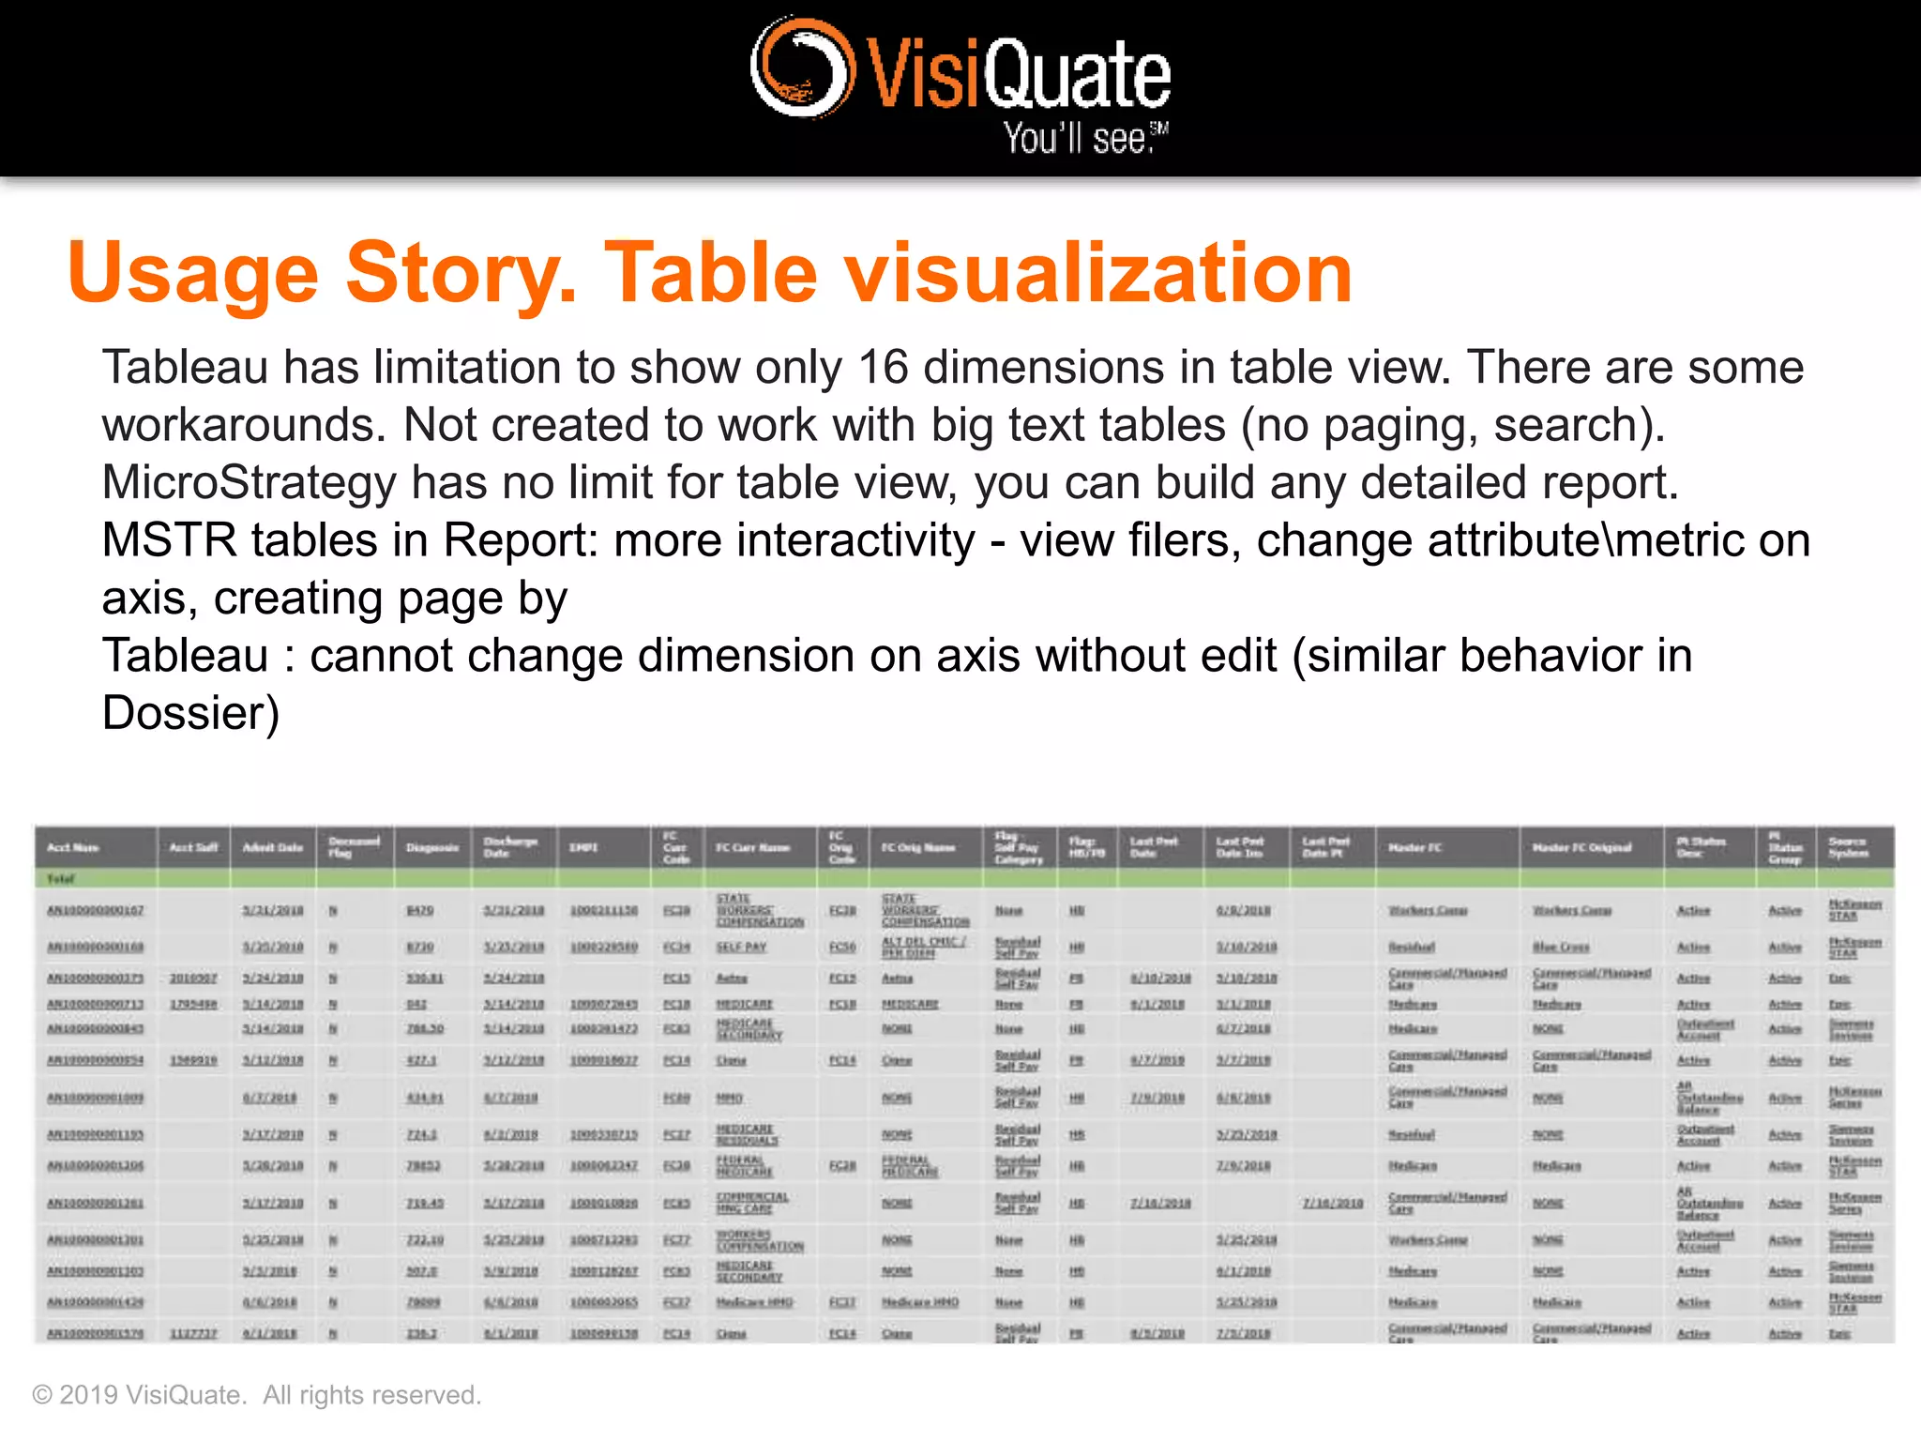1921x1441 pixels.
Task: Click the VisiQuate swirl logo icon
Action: click(802, 68)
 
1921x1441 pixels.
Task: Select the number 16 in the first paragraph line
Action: click(883, 367)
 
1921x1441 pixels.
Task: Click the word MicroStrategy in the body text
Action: click(250, 483)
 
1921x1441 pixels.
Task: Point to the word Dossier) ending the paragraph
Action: click(190, 714)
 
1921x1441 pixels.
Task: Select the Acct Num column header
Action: click(73, 847)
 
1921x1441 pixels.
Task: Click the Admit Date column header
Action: click(272, 847)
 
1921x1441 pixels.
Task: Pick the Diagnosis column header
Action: click(431, 847)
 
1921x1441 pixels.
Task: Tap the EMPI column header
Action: click(582, 847)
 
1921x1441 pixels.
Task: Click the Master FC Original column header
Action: click(1581, 847)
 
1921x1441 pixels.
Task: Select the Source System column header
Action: click(1848, 847)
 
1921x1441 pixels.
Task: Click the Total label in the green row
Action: click(61, 879)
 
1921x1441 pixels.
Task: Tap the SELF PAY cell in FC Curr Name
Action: click(741, 948)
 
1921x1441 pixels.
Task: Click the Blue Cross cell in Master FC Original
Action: click(1561, 948)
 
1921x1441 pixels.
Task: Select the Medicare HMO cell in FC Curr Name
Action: click(754, 1302)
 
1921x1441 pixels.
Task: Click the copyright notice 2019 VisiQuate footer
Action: click(256, 1395)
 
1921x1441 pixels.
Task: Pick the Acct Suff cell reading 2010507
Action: click(193, 978)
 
